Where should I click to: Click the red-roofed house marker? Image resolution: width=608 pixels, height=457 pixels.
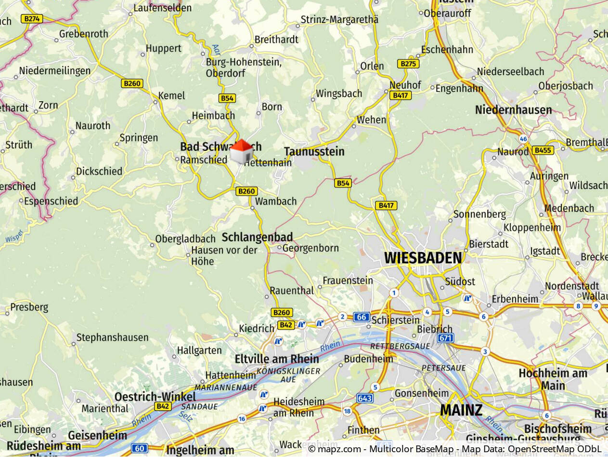241,151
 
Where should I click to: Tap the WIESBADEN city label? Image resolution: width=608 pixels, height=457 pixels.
423,258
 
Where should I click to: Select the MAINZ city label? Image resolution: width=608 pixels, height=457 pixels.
461,410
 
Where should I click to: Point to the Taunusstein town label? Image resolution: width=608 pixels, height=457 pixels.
314,151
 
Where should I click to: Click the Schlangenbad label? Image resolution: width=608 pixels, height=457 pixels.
257,237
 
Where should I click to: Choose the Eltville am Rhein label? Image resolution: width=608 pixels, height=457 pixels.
276,359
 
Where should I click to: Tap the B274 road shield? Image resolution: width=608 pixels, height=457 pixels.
32,19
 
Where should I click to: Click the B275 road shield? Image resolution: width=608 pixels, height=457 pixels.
408,64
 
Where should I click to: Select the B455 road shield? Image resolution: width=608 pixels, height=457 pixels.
543,150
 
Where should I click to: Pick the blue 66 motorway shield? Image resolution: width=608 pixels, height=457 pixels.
362,317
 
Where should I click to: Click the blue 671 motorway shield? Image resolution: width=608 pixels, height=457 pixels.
445,338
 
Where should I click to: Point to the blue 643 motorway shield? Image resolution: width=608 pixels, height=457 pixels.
365,398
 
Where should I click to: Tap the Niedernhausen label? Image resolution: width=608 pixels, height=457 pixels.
513,110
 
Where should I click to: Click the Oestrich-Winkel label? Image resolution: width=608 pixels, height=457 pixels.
155,397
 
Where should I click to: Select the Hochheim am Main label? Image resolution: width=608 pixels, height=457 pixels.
553,379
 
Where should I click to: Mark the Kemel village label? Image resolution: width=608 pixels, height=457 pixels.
171,95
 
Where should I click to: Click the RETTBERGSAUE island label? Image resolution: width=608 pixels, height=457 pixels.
393,346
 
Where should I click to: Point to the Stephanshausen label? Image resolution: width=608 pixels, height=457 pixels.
112,337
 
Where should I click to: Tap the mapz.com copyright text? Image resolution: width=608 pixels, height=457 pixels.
454,449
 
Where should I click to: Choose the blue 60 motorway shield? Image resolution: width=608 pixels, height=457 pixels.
139,448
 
